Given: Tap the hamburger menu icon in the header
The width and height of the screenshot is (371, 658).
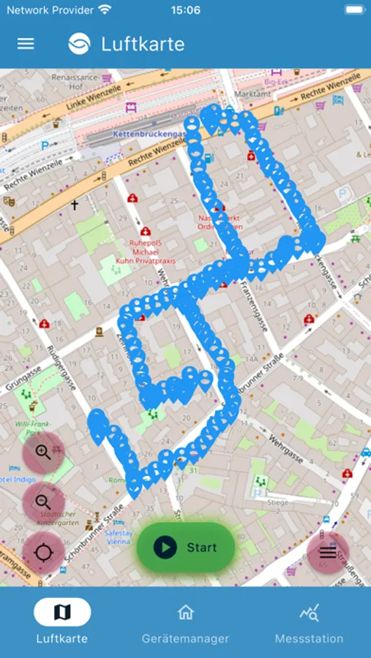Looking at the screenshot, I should click(26, 44).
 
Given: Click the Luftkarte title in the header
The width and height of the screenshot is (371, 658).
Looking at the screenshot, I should click(143, 44).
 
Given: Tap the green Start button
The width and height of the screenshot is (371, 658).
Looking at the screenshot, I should click(185, 547).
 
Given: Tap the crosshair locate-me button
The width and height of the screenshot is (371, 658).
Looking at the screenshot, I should click(43, 553).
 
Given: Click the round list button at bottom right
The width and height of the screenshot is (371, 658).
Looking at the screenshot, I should click(328, 553).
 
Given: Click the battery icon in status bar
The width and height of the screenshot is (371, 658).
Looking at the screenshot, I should click(353, 10).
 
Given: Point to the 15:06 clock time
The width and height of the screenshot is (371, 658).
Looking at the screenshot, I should click(185, 10).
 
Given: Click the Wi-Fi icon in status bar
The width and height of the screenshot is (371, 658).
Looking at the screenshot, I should click(105, 10).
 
